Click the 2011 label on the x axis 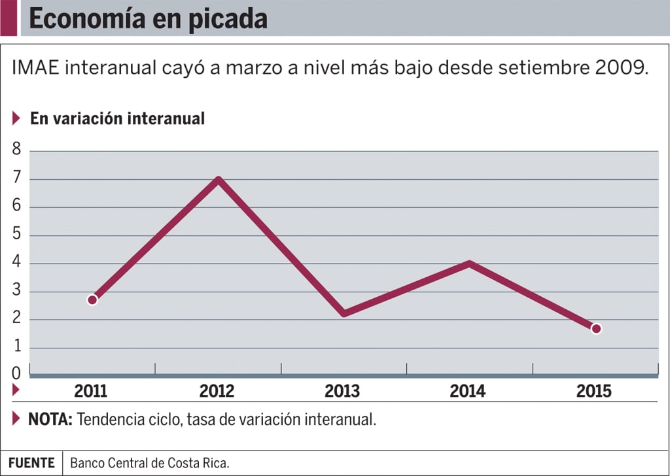point(91,392)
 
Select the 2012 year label point(217,392)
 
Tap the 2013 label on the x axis point(342,392)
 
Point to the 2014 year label point(468,392)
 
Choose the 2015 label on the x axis point(593,392)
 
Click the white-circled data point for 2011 point(92,299)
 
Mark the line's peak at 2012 point(218,180)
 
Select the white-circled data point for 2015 point(596,328)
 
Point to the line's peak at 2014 point(469,264)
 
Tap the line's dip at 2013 point(344,313)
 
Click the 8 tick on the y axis point(16,150)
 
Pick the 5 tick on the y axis point(16,235)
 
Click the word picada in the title point(228,20)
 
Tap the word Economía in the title point(86,20)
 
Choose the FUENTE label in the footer point(31,463)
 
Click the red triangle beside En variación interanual point(16,118)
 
